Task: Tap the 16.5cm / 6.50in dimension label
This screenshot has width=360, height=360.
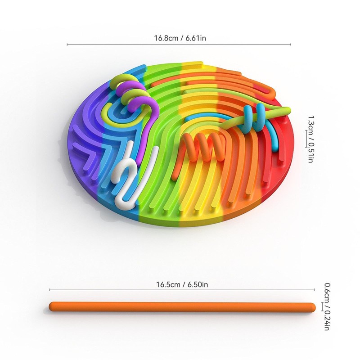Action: (182, 284)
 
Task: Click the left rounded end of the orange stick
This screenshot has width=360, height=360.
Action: (52, 307)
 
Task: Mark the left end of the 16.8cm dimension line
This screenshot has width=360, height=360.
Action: (67, 45)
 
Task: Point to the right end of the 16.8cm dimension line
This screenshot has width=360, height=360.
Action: (291, 45)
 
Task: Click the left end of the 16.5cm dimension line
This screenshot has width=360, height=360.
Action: (50, 290)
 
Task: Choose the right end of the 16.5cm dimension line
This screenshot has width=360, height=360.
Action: (314, 290)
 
